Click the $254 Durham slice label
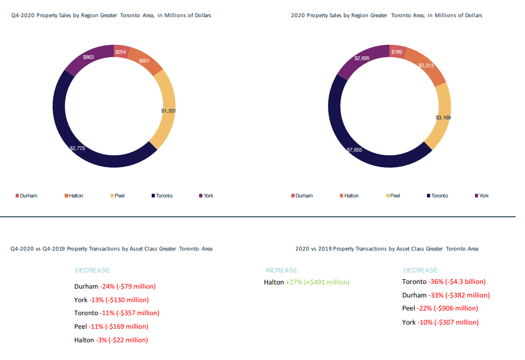pos(120,52)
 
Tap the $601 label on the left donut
pos(144,60)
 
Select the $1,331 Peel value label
pos(168,111)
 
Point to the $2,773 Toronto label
pos(77,148)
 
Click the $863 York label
pos(89,57)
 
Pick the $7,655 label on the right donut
pos(354,150)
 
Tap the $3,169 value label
pos(443,117)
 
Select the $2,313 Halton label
pos(426,65)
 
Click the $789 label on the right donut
pos(397,52)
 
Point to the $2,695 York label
pos(362,58)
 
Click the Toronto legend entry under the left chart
pos(162,196)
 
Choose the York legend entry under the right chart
pos(482,196)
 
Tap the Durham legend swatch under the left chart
pos(17,196)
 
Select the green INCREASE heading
pos(281,270)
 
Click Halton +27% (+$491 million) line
pos(307,282)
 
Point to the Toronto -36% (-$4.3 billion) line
pos(444,282)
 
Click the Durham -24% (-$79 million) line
pos(115,287)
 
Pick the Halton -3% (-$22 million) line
pos(111,340)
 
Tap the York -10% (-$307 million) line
pos(441,322)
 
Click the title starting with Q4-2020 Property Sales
pos(111,16)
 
